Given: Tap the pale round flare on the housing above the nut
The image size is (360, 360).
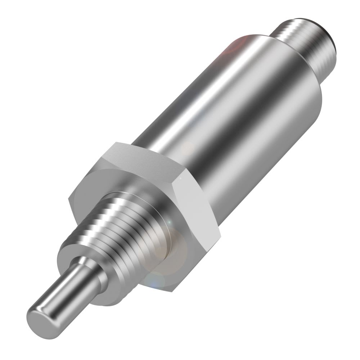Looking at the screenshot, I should [x=187, y=148].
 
